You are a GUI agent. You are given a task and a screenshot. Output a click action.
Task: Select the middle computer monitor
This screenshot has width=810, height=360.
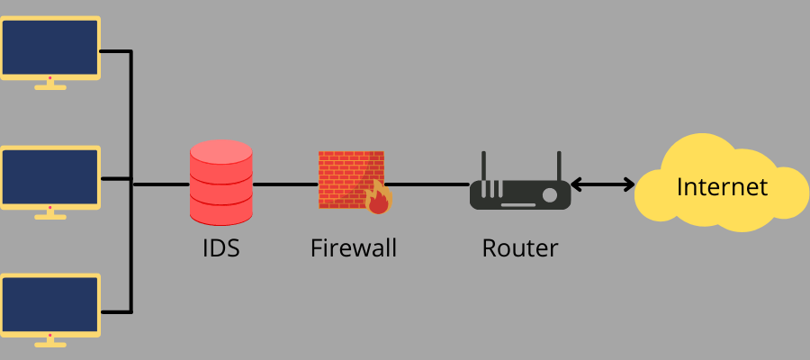coord(49,176)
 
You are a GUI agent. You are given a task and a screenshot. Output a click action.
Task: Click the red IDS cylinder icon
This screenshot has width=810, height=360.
coord(221,182)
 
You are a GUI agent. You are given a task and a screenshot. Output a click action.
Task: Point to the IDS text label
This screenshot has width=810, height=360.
coord(221,247)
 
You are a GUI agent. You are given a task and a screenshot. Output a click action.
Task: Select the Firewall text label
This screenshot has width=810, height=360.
coord(354,247)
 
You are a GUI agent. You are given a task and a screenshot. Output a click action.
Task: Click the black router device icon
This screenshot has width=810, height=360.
coord(520,193)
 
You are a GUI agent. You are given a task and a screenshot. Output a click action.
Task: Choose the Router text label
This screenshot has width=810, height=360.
coord(520,247)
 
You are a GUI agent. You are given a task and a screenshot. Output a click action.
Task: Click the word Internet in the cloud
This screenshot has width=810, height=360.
coord(722,186)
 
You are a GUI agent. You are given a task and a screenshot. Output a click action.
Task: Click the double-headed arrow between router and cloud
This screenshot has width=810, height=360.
coord(603,185)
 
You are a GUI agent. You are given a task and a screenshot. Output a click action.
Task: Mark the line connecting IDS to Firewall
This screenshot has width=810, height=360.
coord(284,185)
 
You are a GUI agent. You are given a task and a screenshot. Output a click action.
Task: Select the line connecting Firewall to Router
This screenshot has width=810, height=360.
coord(428,185)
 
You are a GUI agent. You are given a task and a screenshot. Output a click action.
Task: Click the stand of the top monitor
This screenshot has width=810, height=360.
coord(49,85)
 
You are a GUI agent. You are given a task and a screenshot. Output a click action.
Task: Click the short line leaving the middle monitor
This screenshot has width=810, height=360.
coord(115,178)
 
